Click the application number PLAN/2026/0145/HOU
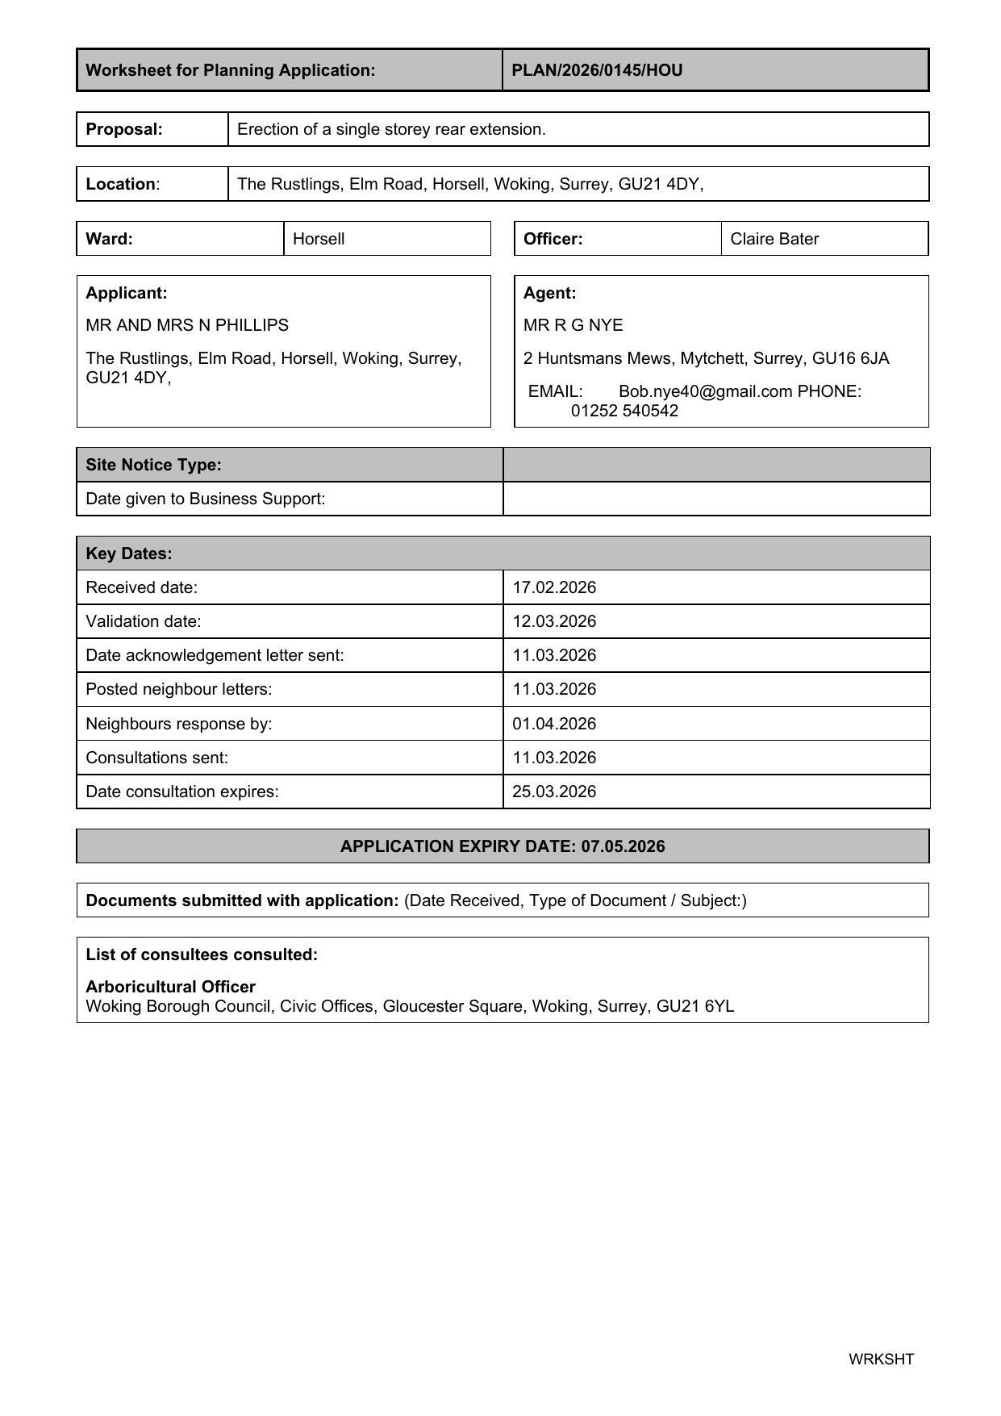coord(597,70)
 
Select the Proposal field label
coord(124,129)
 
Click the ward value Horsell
coord(319,239)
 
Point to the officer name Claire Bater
coord(774,239)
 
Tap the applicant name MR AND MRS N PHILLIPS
coord(187,325)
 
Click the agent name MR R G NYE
coord(573,325)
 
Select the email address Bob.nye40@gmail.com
coord(705,391)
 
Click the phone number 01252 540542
coord(624,411)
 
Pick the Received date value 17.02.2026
coord(554,587)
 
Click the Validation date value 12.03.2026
coord(554,621)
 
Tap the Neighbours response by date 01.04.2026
coord(554,724)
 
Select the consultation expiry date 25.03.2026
coord(554,792)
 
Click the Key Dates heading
coord(129,553)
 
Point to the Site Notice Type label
coord(153,465)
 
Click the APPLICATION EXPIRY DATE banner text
coord(503,846)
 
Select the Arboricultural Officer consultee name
coord(170,987)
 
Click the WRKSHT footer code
coord(881,1359)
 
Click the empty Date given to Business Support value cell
coord(715,499)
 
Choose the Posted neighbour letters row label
coord(179,689)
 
